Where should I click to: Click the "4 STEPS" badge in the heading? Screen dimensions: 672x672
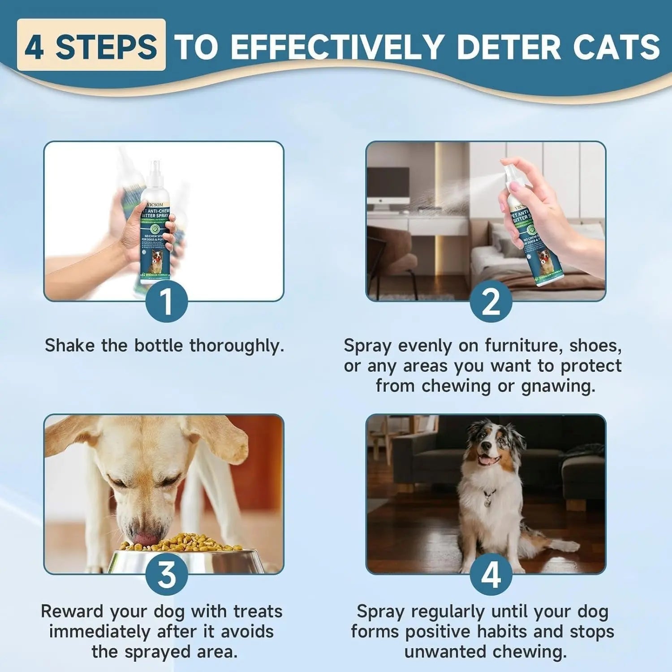pyautogui.click(x=91, y=46)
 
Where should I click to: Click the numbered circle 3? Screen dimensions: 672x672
pyautogui.click(x=166, y=574)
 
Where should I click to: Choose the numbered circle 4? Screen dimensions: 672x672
pyautogui.click(x=491, y=574)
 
